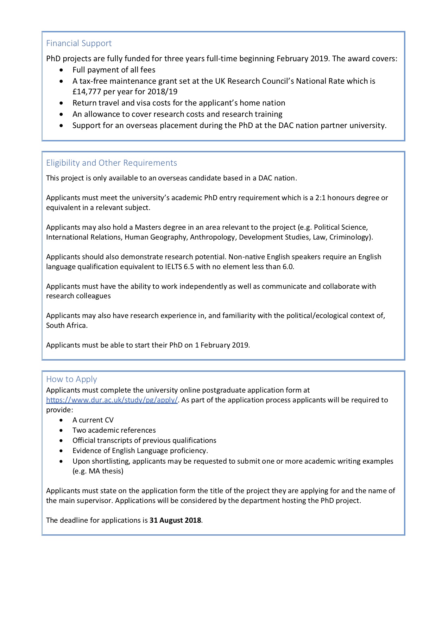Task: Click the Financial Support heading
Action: pyautogui.click(x=79, y=43)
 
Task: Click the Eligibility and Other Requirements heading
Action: pyautogui.click(x=112, y=163)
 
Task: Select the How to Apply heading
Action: pyautogui.click(x=71, y=379)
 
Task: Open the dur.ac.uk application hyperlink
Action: pyautogui.click(x=112, y=400)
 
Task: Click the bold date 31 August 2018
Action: pyautogui.click(x=175, y=520)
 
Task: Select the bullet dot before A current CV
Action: pyautogui.click(x=62, y=420)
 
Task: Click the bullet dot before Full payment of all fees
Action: pyautogui.click(x=62, y=70)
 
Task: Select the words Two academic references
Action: pyautogui.click(x=114, y=430)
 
